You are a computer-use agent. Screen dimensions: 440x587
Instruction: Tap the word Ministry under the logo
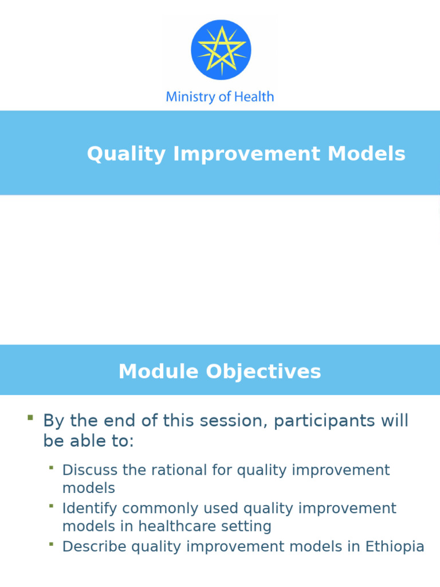coord(191,97)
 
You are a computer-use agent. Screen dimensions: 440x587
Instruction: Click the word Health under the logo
coord(254,96)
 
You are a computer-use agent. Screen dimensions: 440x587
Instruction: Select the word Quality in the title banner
coord(126,154)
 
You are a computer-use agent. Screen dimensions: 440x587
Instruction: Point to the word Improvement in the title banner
coord(246,154)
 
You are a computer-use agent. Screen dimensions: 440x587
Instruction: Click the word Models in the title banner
coord(366,154)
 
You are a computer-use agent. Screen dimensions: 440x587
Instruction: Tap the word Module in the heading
coord(159,371)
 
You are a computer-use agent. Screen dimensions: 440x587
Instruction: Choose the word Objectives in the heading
coord(264,371)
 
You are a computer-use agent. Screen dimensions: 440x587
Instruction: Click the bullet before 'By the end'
coord(30,417)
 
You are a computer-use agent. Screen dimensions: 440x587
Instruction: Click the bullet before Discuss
coord(51,467)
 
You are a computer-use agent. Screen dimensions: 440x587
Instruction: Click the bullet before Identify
coord(51,506)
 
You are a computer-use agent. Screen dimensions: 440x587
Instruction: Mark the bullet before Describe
coord(51,543)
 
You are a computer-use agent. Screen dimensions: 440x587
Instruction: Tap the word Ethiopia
coord(395,546)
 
